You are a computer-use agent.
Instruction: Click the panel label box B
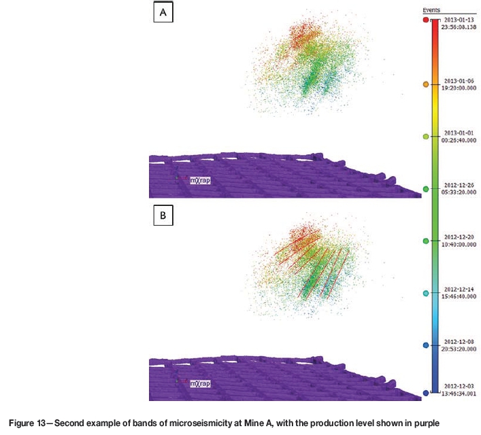pyautogui.click(x=163, y=215)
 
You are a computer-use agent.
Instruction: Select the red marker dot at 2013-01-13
pyautogui.click(x=426, y=21)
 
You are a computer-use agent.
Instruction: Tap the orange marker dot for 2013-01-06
pyautogui.click(x=426, y=84)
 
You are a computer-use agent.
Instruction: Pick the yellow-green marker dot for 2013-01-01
pyautogui.click(x=426, y=137)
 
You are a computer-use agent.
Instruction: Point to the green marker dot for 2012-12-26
pyautogui.click(x=426, y=189)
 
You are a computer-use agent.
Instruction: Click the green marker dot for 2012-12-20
pyautogui.click(x=426, y=241)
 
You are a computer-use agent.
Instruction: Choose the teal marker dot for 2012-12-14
pyautogui.click(x=426, y=294)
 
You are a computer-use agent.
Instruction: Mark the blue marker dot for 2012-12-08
pyautogui.click(x=426, y=345)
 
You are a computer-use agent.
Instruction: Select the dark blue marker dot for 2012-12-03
pyautogui.click(x=426, y=393)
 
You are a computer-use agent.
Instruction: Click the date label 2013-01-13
pyautogui.click(x=454, y=21)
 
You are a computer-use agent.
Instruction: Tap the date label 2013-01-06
pyautogui.click(x=454, y=81)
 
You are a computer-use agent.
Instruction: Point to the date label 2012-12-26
pyautogui.click(x=454, y=186)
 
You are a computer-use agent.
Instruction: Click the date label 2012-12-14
pyautogui.click(x=454, y=290)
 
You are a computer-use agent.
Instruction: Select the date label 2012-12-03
pyautogui.click(x=454, y=389)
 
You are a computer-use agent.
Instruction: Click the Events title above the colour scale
pyautogui.click(x=431, y=11)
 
